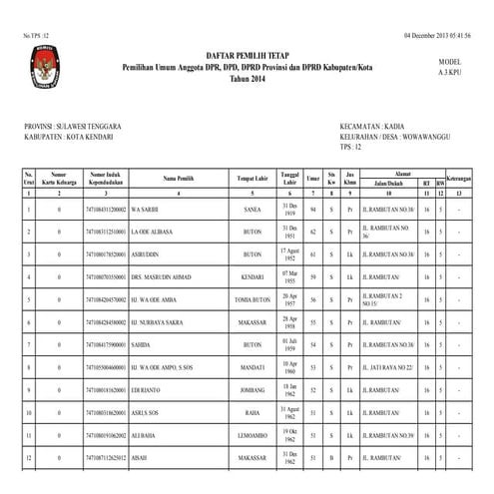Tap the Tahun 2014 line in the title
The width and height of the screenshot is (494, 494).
coord(247,78)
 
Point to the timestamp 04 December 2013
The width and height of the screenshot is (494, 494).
coord(439,7)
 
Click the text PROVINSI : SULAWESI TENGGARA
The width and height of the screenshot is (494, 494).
coord(72,127)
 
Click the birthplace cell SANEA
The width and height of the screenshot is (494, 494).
coord(252,211)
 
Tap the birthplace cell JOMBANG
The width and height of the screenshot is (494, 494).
coord(252,388)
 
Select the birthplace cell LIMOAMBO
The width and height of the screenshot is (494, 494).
coord(252,436)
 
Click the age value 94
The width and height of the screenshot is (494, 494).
coord(313,211)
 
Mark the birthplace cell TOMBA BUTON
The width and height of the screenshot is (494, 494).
coord(252,299)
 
